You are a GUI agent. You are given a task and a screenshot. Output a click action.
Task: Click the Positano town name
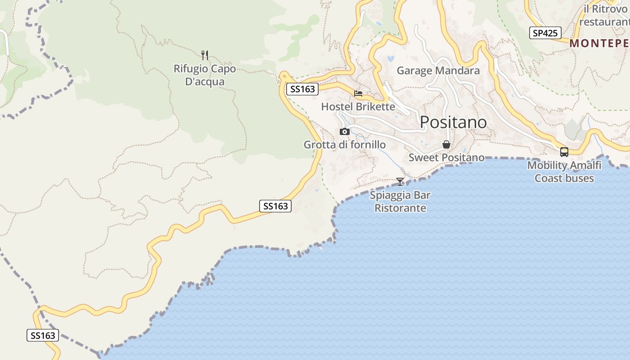453,122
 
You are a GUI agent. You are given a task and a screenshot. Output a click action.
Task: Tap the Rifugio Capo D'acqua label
205,75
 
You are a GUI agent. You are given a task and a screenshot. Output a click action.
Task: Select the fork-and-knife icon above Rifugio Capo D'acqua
205,55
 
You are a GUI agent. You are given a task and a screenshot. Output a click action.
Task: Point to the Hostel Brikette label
358,107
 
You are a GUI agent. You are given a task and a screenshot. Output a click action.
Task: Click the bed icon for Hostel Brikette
358,94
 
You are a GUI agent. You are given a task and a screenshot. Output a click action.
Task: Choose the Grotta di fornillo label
344,144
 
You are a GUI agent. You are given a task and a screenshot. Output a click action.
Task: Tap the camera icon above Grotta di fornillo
345,131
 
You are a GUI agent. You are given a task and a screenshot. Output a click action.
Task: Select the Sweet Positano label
446,157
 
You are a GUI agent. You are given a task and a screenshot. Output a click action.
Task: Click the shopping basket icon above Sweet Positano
446,144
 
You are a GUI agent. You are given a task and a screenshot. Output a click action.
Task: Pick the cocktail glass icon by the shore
400,181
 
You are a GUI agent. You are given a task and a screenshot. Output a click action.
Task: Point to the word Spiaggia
390,195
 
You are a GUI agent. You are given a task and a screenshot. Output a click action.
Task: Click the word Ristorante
400,208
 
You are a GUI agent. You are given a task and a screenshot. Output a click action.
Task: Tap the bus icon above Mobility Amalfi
564,152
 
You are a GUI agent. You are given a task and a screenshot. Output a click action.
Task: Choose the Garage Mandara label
438,71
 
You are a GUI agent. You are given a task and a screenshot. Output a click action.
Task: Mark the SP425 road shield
545,33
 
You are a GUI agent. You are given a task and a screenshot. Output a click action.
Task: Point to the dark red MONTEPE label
599,43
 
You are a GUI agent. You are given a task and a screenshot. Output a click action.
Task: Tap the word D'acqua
205,82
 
